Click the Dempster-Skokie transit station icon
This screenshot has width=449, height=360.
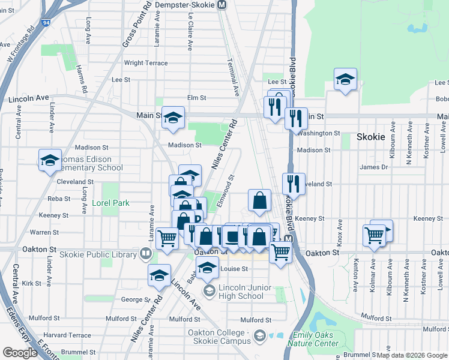point(222,5)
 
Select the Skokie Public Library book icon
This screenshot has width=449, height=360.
point(145,254)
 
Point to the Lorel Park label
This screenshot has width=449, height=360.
point(111,203)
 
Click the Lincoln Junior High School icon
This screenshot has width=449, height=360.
point(209,292)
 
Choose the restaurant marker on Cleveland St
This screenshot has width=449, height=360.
point(294,184)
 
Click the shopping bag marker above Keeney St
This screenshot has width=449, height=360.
point(259,200)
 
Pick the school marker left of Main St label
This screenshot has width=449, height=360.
point(173,118)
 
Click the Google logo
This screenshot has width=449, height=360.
point(20,353)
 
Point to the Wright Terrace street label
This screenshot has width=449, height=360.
point(146,63)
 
